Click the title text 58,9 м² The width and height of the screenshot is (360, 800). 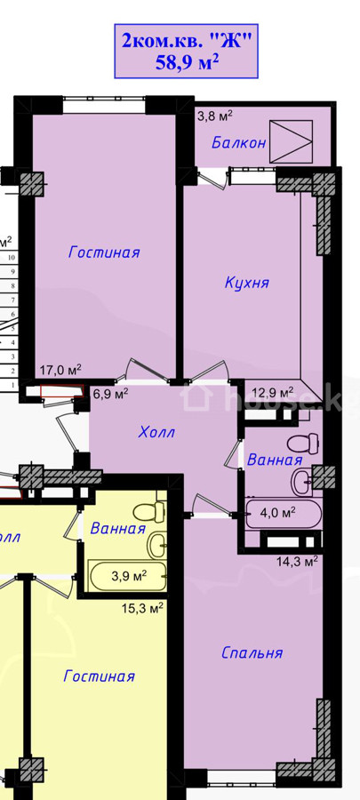(187, 63)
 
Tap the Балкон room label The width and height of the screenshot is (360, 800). (239, 143)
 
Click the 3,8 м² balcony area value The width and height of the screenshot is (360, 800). (215, 116)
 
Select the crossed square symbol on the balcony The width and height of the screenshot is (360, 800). (291, 141)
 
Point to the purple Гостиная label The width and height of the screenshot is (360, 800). (105, 252)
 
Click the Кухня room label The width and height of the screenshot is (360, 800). (247, 283)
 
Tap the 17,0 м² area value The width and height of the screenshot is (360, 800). (60, 370)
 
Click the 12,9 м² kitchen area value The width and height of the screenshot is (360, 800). (273, 392)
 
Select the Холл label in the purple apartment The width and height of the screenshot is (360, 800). (156, 433)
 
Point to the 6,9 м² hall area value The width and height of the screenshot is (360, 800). (110, 394)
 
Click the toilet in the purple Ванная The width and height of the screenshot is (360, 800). (303, 443)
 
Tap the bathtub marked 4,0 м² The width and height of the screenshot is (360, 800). (284, 514)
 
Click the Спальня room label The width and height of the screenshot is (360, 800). (252, 653)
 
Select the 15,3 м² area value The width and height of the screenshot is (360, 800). (142, 608)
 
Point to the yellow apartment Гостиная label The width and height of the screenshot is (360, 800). (100, 676)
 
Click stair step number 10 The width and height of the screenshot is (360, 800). (11, 258)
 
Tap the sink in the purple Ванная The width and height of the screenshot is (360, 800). (303, 481)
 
